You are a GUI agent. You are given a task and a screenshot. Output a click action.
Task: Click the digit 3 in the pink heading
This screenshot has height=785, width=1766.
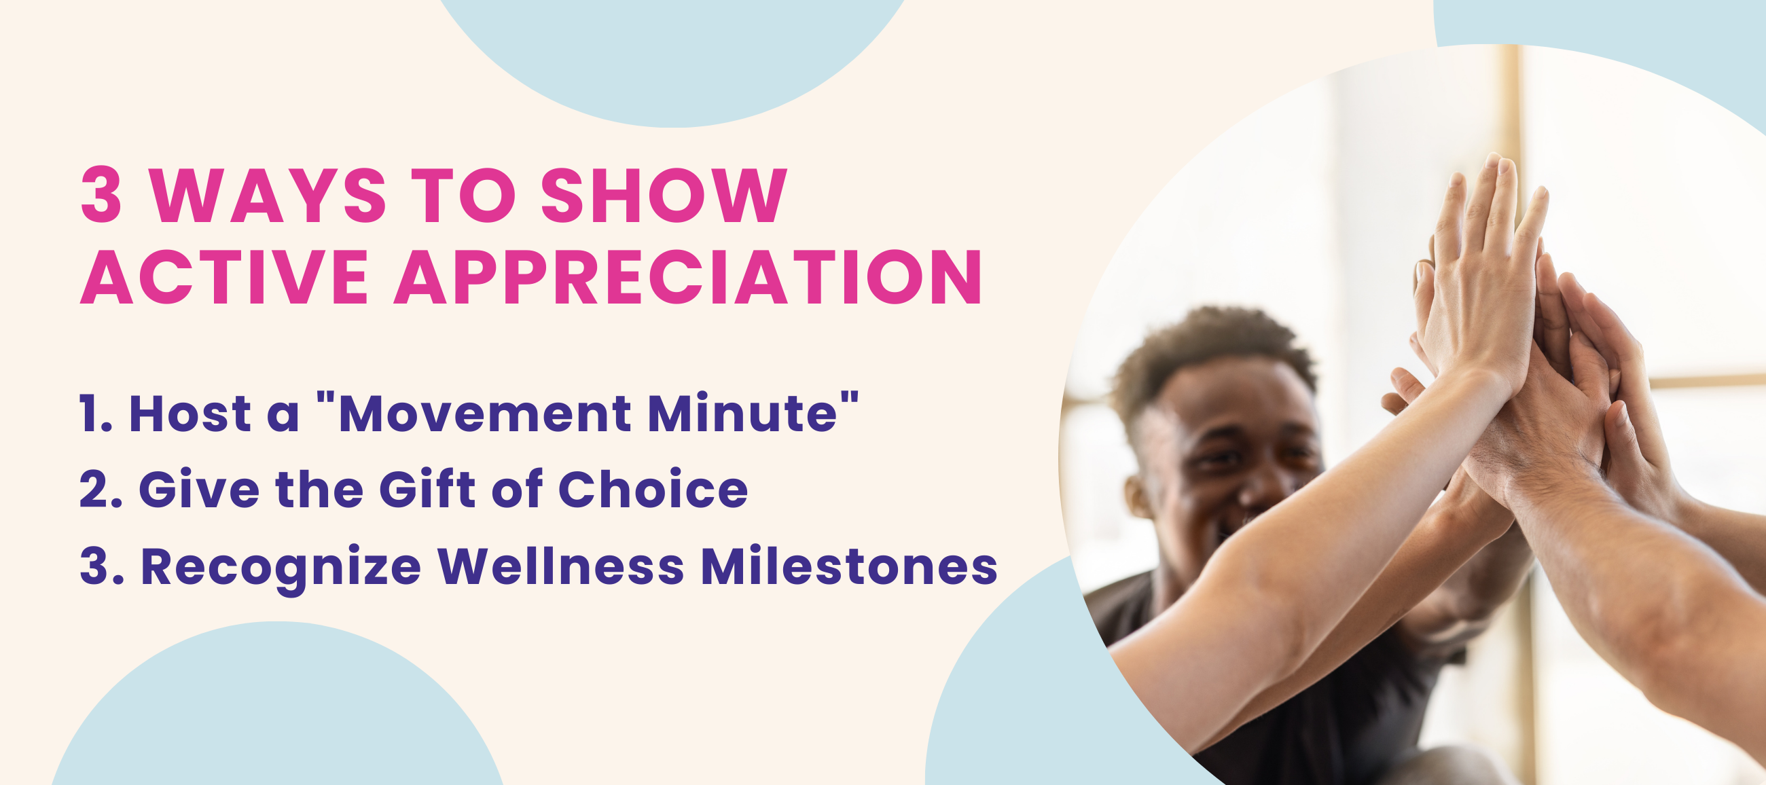(101, 196)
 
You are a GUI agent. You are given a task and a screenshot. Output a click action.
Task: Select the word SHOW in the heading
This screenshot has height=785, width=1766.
(664, 196)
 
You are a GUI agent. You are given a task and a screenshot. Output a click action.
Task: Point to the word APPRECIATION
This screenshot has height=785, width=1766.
(687, 277)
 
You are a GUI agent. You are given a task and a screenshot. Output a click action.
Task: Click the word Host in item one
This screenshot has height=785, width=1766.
(190, 414)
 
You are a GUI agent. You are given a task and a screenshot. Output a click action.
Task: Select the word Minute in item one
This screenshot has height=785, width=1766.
(742, 414)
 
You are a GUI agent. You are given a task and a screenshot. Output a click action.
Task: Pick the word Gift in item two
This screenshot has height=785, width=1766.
(427, 490)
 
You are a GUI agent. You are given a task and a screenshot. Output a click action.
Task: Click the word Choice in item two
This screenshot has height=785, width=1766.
(653, 490)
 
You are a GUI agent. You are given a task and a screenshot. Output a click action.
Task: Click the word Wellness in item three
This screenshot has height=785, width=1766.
(561, 567)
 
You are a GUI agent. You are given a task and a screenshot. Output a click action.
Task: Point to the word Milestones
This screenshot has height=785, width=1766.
(849, 567)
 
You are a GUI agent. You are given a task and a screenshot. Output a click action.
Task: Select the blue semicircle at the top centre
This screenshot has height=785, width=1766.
(672, 55)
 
